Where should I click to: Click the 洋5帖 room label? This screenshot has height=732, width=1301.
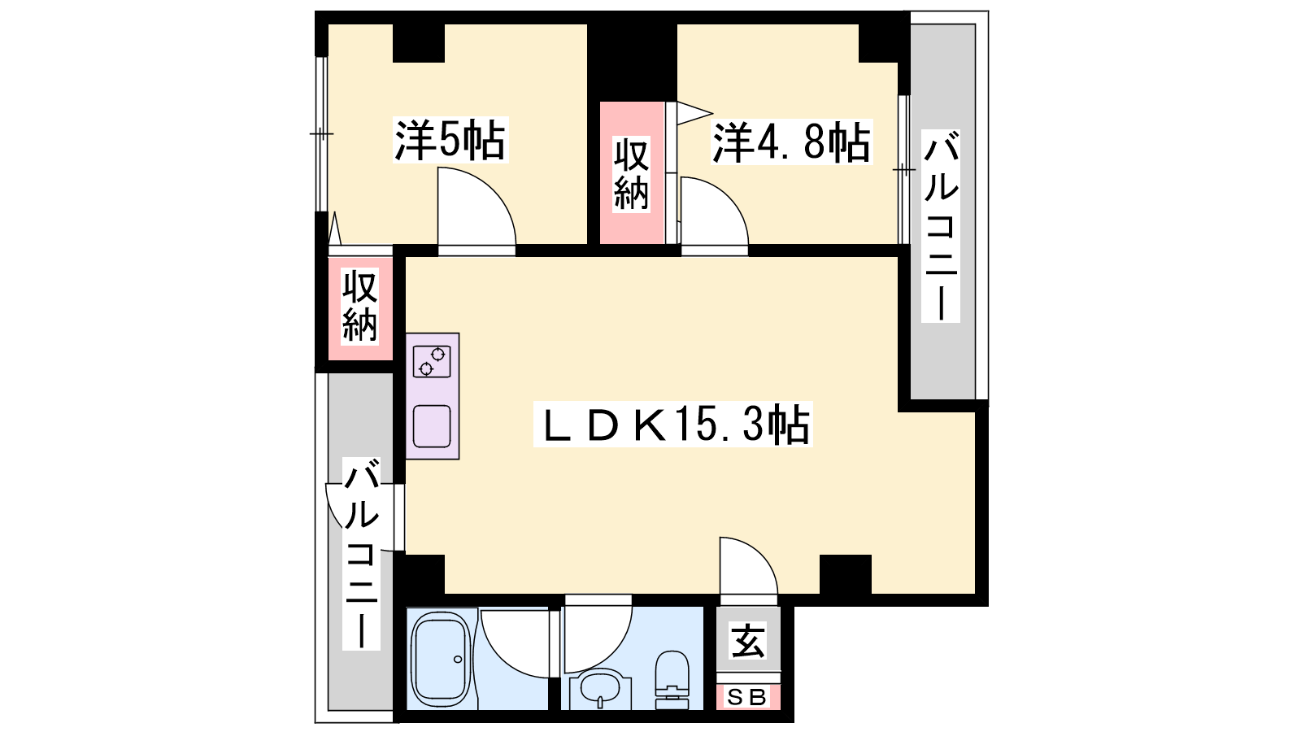450,140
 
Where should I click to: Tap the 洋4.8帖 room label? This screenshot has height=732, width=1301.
792,142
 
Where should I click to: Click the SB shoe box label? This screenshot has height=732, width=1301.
747,697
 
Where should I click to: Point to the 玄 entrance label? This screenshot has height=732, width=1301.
748,640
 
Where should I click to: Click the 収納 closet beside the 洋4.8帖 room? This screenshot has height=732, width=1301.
632,173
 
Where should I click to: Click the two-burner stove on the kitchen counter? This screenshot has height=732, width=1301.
432,361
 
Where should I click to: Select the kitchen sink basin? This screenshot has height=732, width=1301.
432,426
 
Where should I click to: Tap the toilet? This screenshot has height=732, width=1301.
672,680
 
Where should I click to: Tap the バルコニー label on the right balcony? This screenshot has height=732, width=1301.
940,226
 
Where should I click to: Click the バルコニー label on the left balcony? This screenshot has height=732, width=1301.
361,553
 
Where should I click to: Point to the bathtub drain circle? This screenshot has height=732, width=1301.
458,660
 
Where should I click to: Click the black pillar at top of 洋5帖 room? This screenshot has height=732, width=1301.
419,42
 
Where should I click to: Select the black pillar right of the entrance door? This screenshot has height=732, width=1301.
846,574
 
